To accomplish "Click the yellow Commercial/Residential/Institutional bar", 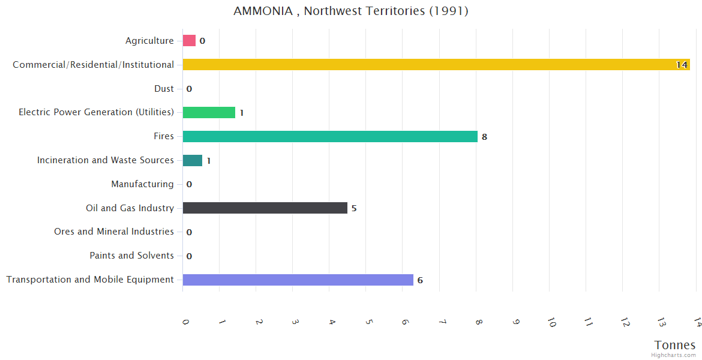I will (x=436, y=64).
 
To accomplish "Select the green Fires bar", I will (x=330, y=136).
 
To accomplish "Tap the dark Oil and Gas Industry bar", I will (x=265, y=208).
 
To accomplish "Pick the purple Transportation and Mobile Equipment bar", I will (x=298, y=280).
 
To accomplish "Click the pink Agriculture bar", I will (x=189, y=40).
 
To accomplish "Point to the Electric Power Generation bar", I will (x=209, y=112).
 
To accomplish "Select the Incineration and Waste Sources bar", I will (x=193, y=160).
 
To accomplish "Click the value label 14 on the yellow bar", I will (x=682, y=65).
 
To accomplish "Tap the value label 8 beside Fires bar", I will (x=484, y=137).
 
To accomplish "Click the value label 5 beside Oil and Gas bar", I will (x=354, y=208).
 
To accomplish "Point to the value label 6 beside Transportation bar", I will (x=420, y=280).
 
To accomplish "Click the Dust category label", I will (x=164, y=89).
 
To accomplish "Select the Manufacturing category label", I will (x=142, y=184).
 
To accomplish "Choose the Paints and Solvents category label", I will (x=131, y=256).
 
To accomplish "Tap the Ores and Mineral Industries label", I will (x=114, y=232).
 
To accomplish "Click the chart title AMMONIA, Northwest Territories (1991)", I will (x=351, y=11).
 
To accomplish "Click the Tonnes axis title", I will (x=675, y=345).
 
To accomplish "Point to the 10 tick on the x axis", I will (x=551, y=322).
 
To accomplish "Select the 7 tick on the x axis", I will (x=442, y=322).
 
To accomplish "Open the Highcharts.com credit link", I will (x=674, y=355).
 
